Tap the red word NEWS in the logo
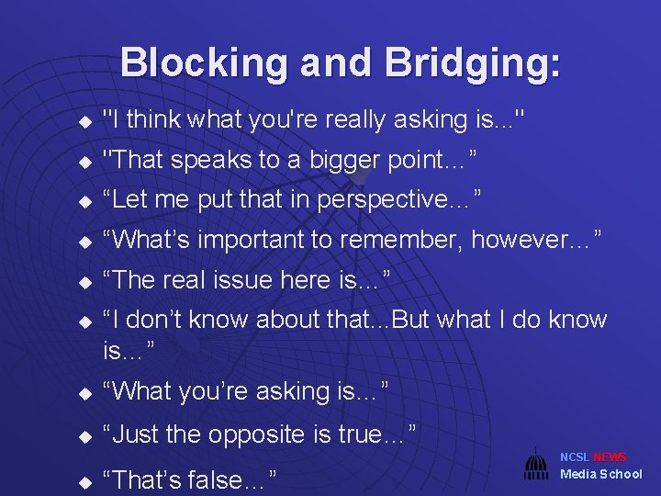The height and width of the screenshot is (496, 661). [610, 457]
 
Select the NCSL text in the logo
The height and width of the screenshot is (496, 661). [575, 457]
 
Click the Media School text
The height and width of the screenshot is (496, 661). [601, 474]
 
